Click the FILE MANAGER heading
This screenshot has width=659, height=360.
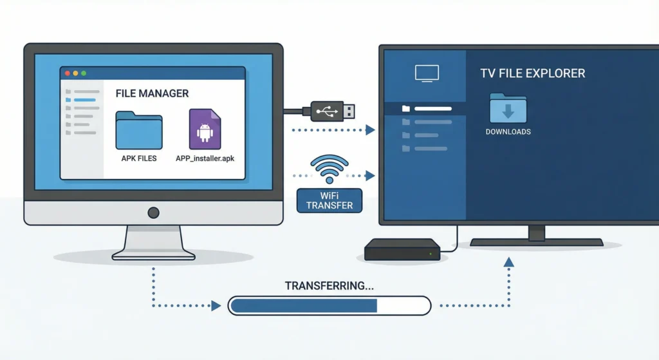tap(152, 93)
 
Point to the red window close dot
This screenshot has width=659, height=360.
tap(66, 73)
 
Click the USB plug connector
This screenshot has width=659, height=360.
tap(332, 111)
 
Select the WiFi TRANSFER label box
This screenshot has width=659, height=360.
tap(329, 200)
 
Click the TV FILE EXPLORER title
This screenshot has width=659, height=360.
tap(533, 73)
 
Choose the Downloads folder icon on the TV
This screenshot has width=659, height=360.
tap(508, 108)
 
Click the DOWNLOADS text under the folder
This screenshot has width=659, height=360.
tap(508, 132)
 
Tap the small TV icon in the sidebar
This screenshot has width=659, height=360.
tap(426, 73)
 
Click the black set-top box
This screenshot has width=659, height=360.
tap(402, 250)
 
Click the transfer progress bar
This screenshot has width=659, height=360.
tap(329, 305)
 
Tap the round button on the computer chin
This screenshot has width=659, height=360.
tap(153, 212)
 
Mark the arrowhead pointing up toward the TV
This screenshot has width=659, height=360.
tap(509, 261)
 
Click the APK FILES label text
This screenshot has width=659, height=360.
tap(139, 158)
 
